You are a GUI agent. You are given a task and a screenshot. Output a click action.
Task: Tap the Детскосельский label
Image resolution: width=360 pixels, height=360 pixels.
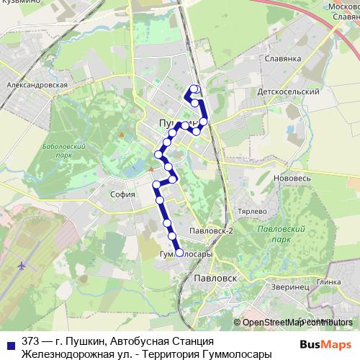point(288,93)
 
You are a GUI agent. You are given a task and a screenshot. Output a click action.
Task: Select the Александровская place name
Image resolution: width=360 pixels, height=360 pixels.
point(37,84)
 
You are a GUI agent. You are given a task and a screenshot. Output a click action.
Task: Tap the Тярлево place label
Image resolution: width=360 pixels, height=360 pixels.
point(253,213)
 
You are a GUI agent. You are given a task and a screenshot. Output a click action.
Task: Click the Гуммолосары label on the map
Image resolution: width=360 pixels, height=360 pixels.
point(185,254)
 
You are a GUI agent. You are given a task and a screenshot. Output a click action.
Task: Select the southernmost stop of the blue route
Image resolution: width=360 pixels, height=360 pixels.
point(179,251)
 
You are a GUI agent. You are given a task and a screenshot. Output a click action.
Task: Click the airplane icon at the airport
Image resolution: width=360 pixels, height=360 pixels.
point(22,266)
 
